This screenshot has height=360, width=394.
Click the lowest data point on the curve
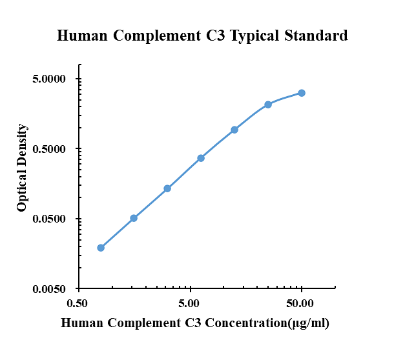click(x=101, y=248)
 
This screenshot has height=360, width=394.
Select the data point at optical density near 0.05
click(x=134, y=218)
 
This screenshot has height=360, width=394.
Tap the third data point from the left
click(x=167, y=188)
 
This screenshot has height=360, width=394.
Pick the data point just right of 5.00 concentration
click(x=201, y=158)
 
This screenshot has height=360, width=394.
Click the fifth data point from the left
click(x=234, y=130)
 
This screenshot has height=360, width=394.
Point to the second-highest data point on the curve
click(x=268, y=105)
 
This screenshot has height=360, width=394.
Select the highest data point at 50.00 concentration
click(x=302, y=93)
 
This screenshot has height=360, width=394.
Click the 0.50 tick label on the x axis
click(x=78, y=303)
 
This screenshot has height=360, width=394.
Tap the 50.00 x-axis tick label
click(x=301, y=303)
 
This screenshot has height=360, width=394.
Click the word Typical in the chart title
click(x=253, y=36)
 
